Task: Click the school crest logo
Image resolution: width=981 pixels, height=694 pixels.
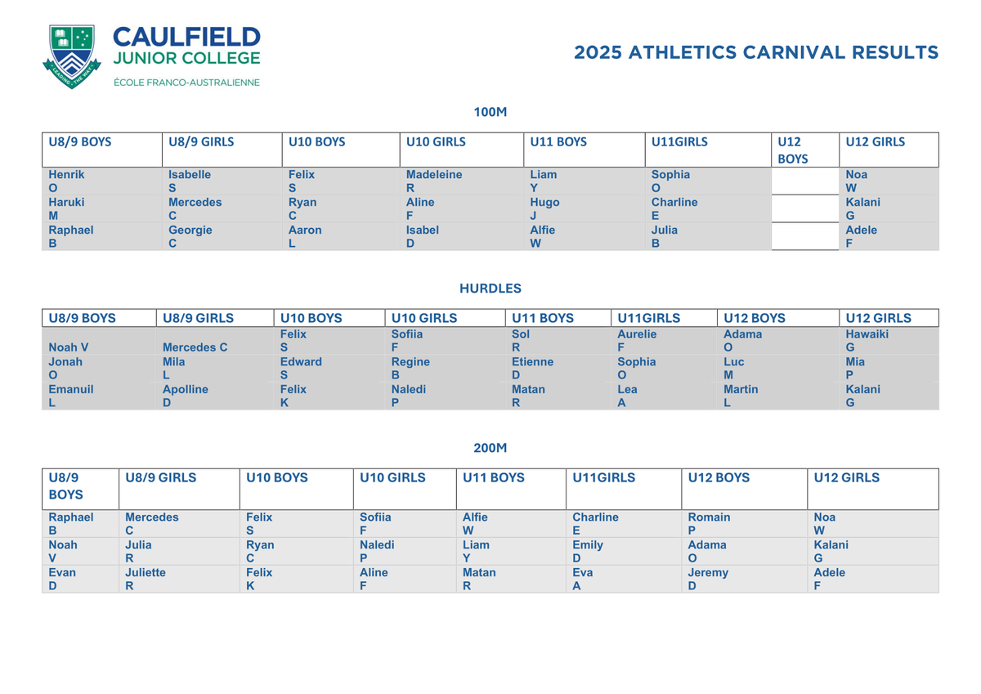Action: [x=72, y=56]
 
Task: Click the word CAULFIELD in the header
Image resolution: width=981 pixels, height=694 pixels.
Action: [x=186, y=37]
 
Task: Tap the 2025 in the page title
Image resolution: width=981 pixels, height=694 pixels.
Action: [x=598, y=52]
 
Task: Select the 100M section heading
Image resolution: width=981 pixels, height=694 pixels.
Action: [x=490, y=112]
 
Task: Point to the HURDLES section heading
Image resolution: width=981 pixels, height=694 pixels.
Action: [x=490, y=288]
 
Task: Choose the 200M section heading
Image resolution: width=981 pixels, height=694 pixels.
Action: [x=490, y=448]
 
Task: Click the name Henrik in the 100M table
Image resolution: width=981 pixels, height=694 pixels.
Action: [x=66, y=174]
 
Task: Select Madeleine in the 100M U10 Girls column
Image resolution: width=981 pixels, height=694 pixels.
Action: [x=433, y=174]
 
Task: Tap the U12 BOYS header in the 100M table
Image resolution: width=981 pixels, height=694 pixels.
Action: [x=792, y=150]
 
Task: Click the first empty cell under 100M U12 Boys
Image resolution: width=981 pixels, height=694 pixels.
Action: [x=805, y=181]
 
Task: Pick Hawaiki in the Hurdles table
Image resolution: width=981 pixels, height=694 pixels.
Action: [x=867, y=334]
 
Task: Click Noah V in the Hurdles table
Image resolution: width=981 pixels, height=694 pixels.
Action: [x=69, y=347]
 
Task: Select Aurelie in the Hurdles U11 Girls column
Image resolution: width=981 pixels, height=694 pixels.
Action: [x=637, y=334]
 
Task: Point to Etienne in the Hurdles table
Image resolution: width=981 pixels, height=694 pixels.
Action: [x=532, y=361]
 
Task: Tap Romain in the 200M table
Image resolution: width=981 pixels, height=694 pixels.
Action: [x=709, y=517]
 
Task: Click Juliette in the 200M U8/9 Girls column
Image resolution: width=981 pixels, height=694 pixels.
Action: [x=146, y=572]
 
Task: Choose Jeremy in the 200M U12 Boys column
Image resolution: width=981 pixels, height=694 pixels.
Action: [x=708, y=573]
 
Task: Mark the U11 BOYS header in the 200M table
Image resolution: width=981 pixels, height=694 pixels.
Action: [x=494, y=477]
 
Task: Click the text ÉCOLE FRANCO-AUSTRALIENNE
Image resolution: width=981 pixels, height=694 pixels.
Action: [x=186, y=83]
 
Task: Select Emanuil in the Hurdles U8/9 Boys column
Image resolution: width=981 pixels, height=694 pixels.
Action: [x=71, y=389]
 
